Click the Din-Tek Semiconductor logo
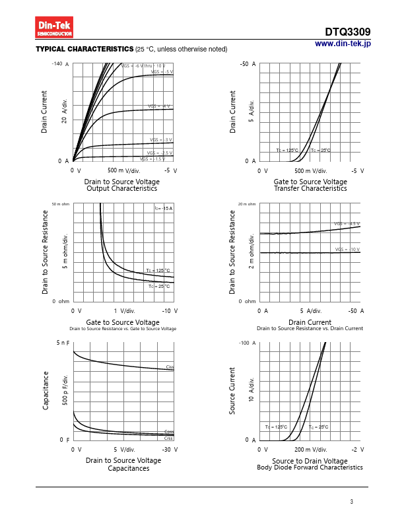(x=55, y=28)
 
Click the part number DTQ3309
(x=347, y=32)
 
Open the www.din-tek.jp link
(x=343, y=44)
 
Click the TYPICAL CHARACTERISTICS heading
(x=84, y=50)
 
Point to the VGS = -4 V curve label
(x=159, y=106)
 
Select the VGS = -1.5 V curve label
(x=152, y=159)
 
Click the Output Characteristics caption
(x=121, y=189)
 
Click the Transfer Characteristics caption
(x=310, y=189)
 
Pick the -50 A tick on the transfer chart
(x=248, y=64)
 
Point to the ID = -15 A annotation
(x=163, y=209)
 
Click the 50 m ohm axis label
(x=61, y=204)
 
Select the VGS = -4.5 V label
(x=347, y=224)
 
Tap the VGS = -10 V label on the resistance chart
(x=347, y=250)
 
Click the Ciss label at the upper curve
(x=170, y=366)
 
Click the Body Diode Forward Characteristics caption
(x=310, y=468)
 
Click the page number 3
(x=352, y=503)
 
